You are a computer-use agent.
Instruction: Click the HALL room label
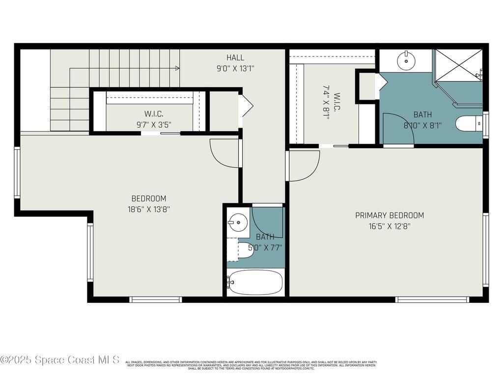click(235, 58)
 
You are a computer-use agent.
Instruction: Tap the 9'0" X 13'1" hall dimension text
click(235, 69)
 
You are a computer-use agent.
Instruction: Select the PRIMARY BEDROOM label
click(390, 215)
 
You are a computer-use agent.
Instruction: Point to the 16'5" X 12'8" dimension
click(390, 226)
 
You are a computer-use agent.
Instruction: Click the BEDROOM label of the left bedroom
click(149, 198)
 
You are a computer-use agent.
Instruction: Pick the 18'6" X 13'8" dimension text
click(149, 209)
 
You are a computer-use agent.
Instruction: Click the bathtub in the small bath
click(255, 282)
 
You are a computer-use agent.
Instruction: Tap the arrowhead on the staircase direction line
click(176, 68)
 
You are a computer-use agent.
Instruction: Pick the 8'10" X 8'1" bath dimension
click(422, 125)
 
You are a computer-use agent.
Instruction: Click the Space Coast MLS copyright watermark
click(60, 360)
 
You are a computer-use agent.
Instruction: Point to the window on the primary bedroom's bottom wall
click(432, 299)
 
